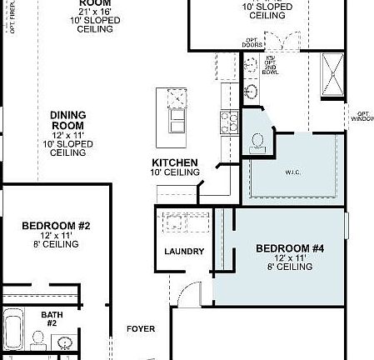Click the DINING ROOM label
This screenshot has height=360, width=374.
68,121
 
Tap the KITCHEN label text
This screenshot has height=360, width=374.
175,162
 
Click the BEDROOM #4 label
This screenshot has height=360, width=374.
284,248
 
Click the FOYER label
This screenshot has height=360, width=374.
141,329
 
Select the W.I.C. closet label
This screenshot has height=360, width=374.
292,173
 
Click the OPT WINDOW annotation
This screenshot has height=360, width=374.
362,116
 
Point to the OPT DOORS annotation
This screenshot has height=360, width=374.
252,42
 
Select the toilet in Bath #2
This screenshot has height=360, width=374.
37,339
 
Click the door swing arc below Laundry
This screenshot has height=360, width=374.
191,293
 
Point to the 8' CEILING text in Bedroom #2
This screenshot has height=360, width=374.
56,246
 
